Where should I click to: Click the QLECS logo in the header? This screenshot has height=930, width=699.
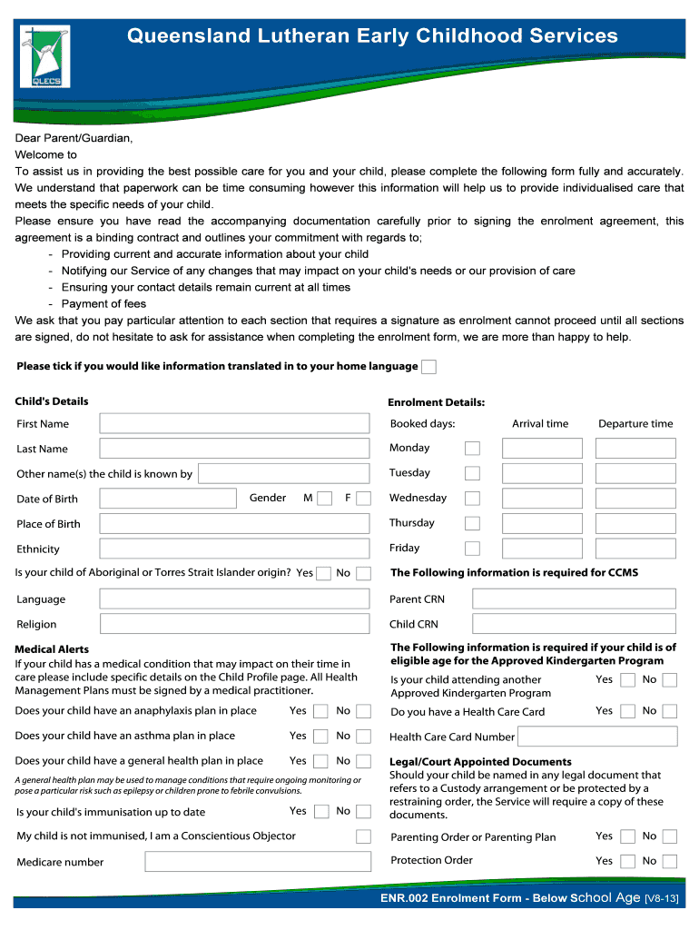[44, 55]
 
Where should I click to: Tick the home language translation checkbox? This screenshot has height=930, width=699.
[429, 367]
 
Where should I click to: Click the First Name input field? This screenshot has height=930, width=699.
[234, 423]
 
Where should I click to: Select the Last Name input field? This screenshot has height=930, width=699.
[234, 449]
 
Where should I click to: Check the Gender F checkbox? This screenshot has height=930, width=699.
[363, 499]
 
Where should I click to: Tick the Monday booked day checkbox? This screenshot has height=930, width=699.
[472, 449]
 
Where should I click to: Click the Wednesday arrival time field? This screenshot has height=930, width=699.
[542, 499]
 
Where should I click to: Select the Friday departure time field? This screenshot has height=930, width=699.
[635, 549]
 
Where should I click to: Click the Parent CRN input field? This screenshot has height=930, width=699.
[574, 599]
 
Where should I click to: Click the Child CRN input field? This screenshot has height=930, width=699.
[574, 624]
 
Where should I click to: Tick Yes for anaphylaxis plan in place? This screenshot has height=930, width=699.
[320, 712]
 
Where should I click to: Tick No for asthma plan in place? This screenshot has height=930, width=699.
[363, 737]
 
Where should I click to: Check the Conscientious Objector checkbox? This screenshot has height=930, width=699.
[363, 836]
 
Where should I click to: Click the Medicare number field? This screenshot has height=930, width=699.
[234, 862]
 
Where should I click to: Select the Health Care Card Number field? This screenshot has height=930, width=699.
[599, 737]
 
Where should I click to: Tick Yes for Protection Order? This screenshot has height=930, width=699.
[627, 862]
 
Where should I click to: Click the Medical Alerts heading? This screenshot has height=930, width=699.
[52, 649]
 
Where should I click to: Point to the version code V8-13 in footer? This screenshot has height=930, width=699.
[661, 898]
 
